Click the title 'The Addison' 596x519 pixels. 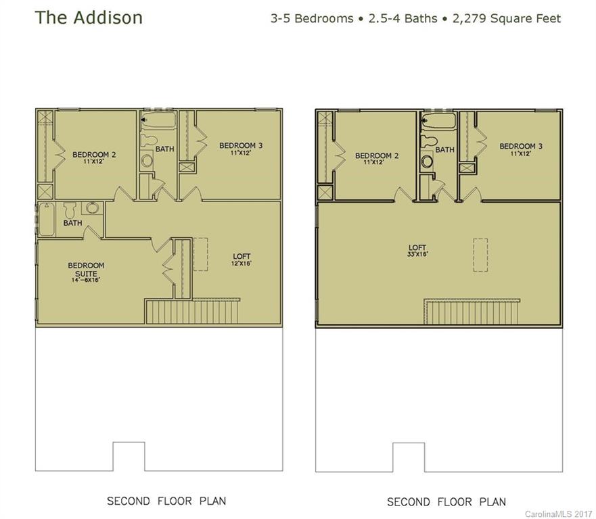point(89,18)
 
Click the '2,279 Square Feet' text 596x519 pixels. point(512,18)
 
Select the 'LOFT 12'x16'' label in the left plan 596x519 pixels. point(242,259)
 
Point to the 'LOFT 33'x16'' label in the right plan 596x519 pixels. point(416,251)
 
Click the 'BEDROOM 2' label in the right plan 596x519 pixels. point(377,159)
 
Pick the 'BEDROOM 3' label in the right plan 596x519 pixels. point(521,149)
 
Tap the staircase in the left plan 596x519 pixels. point(192,312)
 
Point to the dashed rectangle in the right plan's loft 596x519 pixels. point(480,255)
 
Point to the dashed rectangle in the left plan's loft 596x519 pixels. point(200,254)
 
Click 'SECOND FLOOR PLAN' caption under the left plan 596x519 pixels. point(166,501)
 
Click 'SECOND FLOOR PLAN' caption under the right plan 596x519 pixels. point(446,502)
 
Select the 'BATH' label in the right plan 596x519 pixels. point(444,149)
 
